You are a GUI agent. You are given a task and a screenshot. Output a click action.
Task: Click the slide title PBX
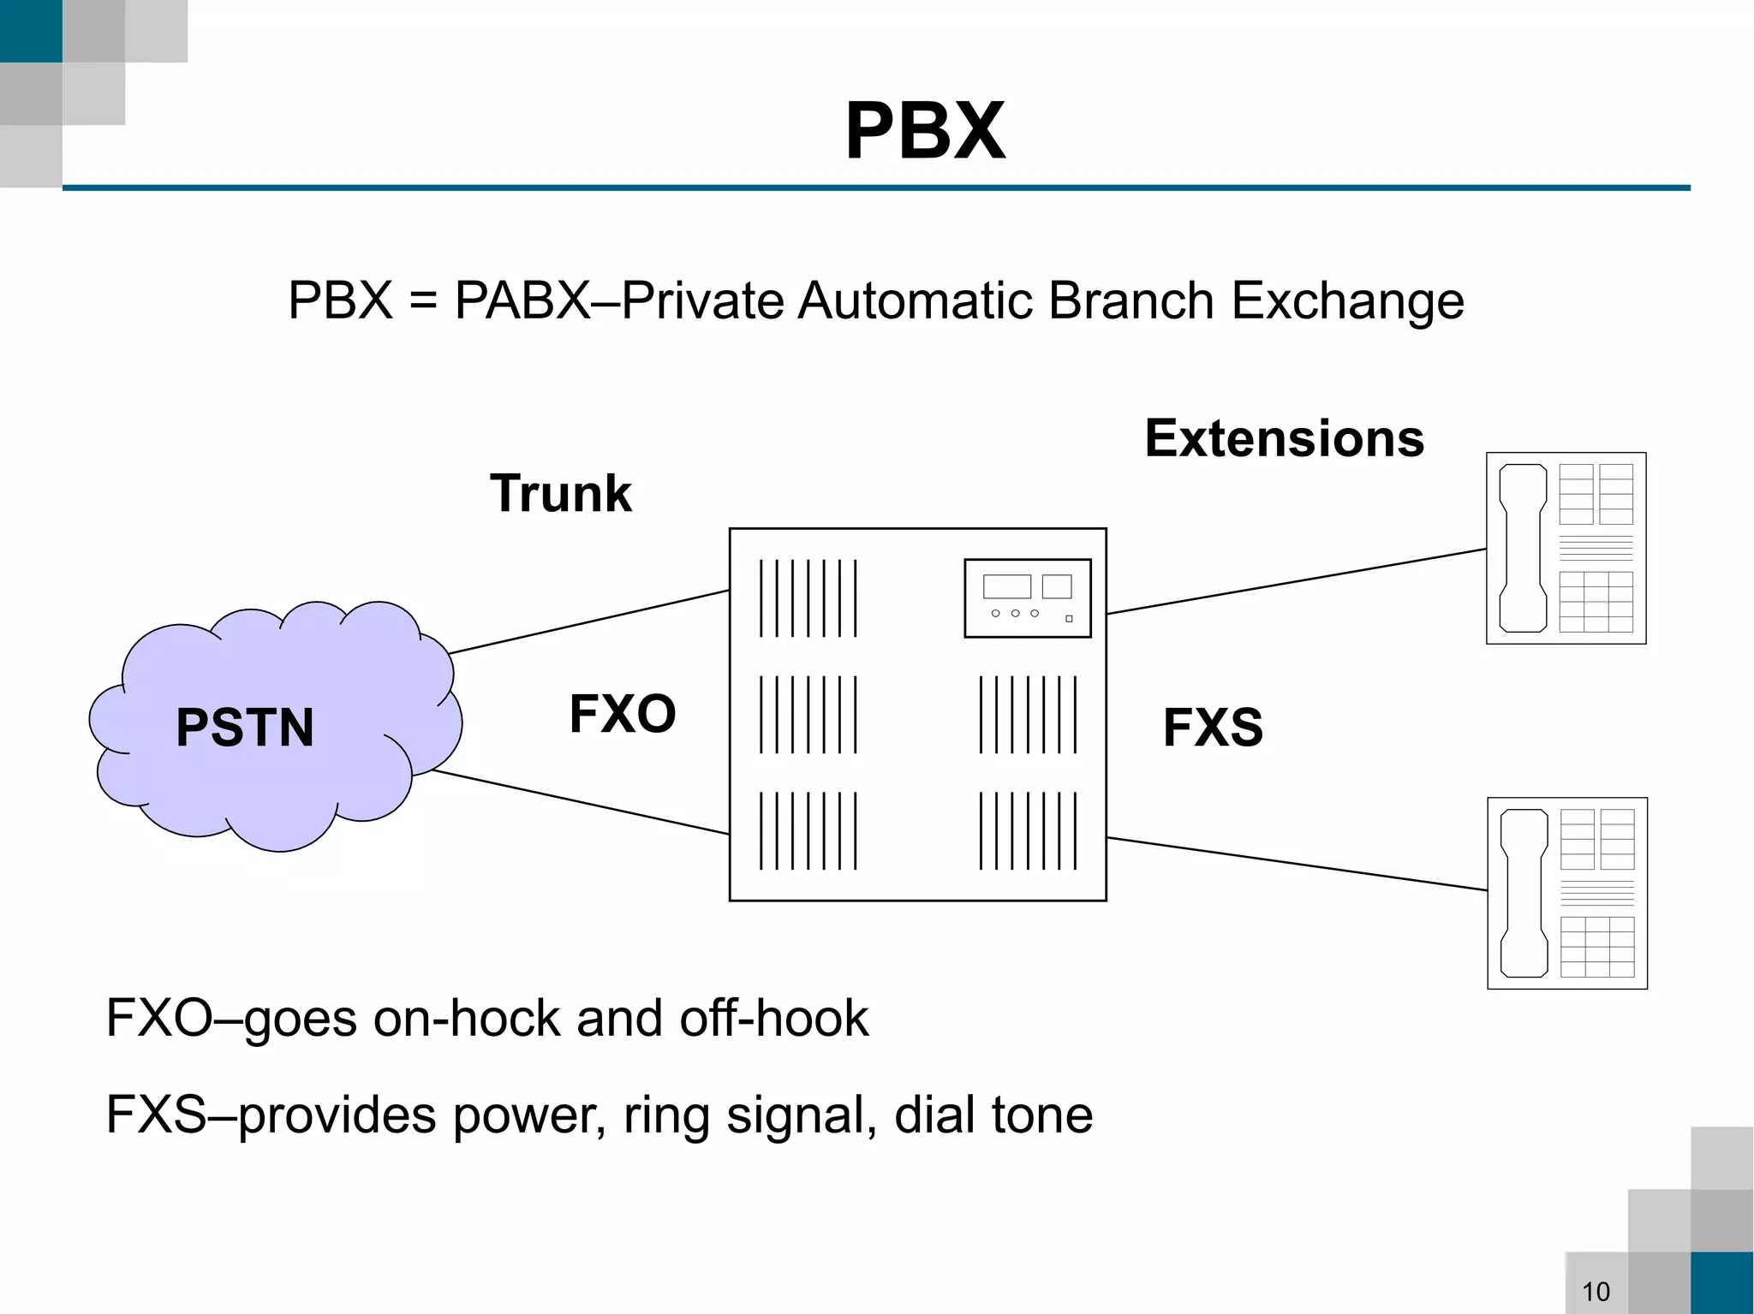(x=925, y=131)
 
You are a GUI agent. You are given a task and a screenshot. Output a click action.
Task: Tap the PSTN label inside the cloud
(x=245, y=728)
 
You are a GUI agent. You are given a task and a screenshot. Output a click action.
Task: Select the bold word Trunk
(x=560, y=494)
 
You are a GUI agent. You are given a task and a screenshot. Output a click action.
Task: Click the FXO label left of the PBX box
(x=623, y=714)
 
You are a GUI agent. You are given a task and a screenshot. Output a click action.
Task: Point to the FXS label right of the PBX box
(x=1213, y=728)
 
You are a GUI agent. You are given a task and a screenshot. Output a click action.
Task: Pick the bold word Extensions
(x=1284, y=439)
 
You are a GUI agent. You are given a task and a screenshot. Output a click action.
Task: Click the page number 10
(x=1596, y=1291)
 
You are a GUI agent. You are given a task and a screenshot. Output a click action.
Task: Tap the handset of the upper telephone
(x=1523, y=548)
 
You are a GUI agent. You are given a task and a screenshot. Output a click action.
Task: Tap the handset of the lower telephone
(x=1524, y=893)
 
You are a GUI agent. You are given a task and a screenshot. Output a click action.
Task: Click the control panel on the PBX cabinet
(x=1027, y=598)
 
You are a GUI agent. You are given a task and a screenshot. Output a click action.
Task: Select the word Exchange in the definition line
(x=1347, y=301)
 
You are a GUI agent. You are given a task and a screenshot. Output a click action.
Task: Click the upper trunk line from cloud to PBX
(x=589, y=621)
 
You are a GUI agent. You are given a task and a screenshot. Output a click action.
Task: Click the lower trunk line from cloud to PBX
(x=581, y=802)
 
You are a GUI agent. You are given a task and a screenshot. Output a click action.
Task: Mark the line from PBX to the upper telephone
(x=1295, y=581)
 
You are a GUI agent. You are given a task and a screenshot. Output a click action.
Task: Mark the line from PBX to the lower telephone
(x=1295, y=864)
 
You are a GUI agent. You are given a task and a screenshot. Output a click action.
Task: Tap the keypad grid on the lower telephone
(x=1597, y=947)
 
